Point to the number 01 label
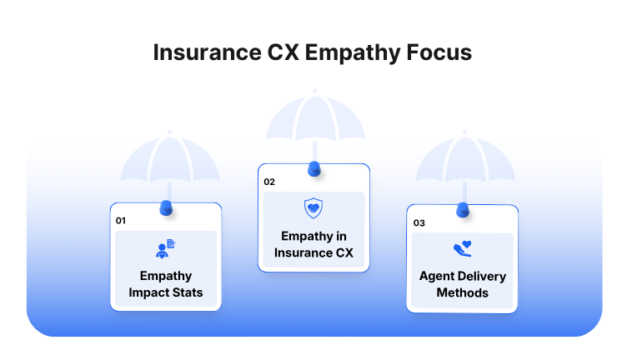click(120, 221)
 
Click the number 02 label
click(268, 182)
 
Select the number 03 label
click(419, 223)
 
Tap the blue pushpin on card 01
click(165, 207)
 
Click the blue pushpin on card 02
click(313, 168)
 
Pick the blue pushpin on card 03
click(462, 209)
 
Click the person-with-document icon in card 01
click(165, 248)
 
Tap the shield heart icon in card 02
click(313, 208)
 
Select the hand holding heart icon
click(462, 249)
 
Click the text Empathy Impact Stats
click(165, 283)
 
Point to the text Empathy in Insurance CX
click(313, 244)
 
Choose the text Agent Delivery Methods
click(462, 284)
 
